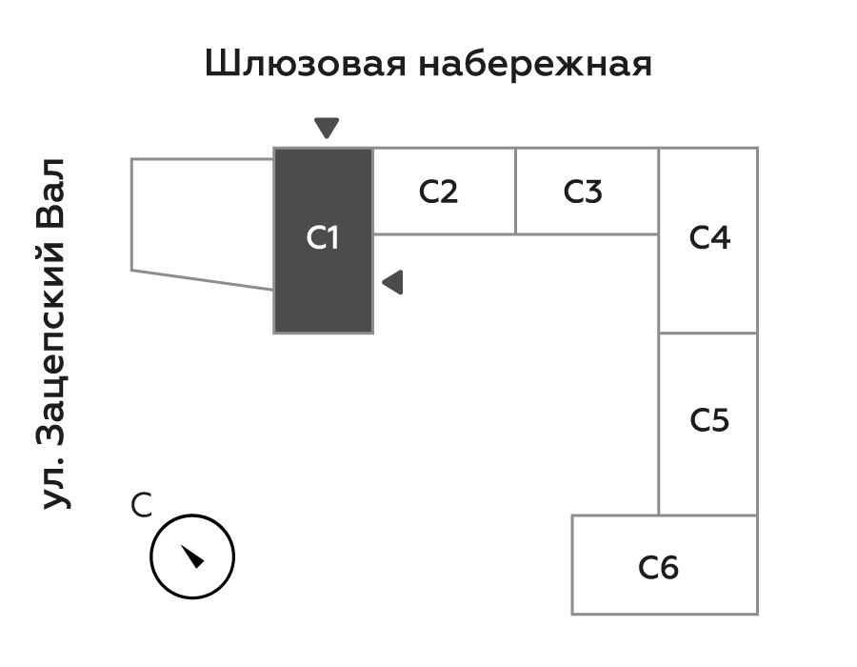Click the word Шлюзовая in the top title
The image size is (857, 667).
pyautogui.click(x=304, y=65)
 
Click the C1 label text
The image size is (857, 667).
pyautogui.click(x=323, y=238)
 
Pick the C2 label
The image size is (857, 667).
pyautogui.click(x=439, y=192)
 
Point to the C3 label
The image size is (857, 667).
pyautogui.click(x=583, y=192)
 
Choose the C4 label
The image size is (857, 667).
pyautogui.click(x=709, y=237)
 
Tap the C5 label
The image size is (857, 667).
pyautogui.click(x=709, y=419)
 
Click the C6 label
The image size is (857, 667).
pyautogui.click(x=659, y=568)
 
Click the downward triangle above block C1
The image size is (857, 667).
pyautogui.click(x=327, y=128)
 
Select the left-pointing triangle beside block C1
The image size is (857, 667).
pyautogui.click(x=392, y=282)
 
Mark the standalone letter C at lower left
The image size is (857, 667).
pyautogui.click(x=141, y=506)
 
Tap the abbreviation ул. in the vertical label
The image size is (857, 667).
pyautogui.click(x=56, y=486)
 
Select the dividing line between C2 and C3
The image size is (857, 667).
pyautogui.click(x=515, y=191)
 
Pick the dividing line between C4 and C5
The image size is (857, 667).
pyautogui.click(x=708, y=333)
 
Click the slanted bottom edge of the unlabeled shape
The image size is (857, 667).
pyautogui.click(x=202, y=280)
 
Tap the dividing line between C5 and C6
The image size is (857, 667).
pyautogui.click(x=708, y=515)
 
